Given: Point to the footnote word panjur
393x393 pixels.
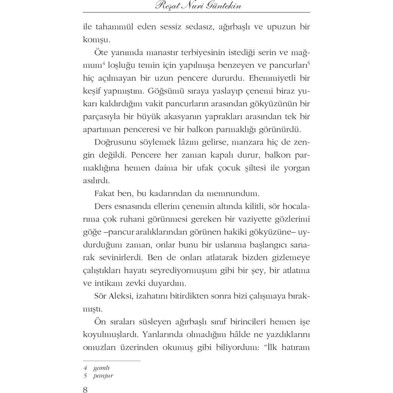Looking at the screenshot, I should click(103, 376).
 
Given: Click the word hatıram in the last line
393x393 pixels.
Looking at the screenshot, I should click(294, 347).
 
